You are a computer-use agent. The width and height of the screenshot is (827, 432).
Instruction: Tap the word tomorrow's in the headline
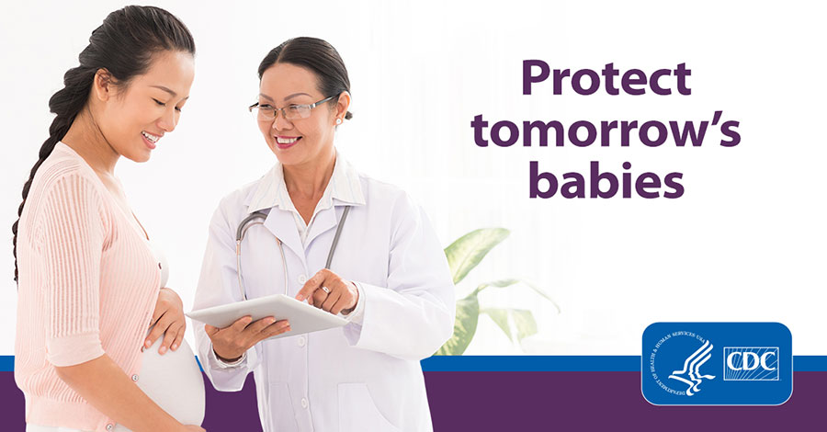[x=606, y=131]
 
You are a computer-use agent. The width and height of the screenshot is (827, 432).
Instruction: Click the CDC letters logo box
[x=751, y=363]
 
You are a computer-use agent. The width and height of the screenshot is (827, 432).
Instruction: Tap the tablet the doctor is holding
[x=266, y=313]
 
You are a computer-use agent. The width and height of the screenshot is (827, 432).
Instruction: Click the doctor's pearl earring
[x=336, y=120]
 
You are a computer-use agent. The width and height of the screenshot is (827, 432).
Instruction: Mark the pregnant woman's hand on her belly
[x=166, y=322]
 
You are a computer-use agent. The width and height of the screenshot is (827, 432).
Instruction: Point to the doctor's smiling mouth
[x=288, y=142]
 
